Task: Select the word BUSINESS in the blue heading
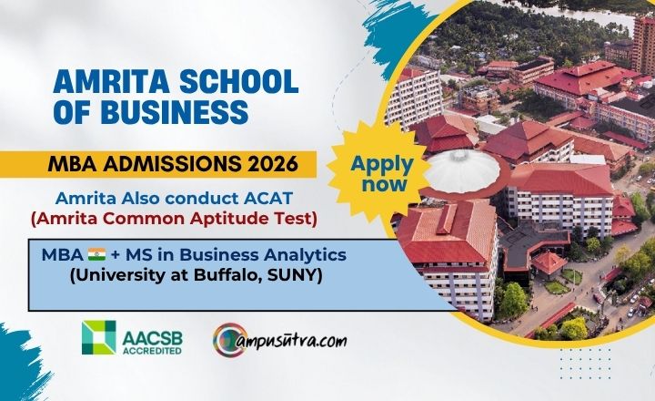click(x=175, y=112)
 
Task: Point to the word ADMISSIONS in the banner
click(x=172, y=164)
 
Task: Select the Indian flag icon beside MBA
click(x=97, y=254)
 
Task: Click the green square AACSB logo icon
click(x=99, y=337)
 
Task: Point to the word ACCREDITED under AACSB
click(x=152, y=350)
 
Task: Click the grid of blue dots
click(x=585, y=364)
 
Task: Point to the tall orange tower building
click(x=644, y=44)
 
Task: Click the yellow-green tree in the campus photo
click(x=573, y=329)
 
